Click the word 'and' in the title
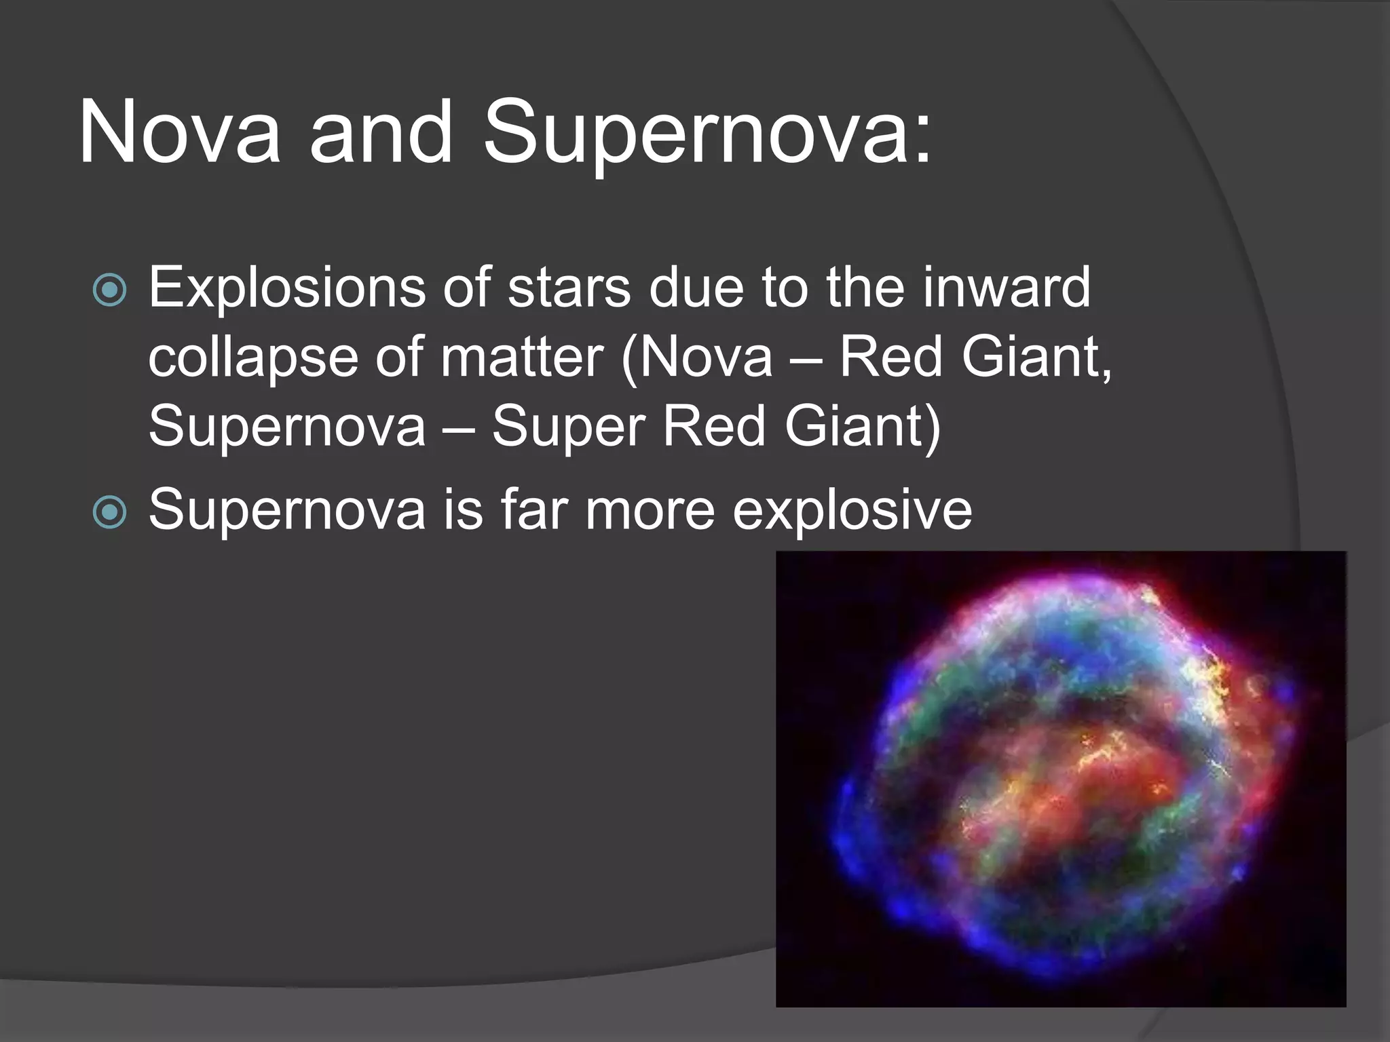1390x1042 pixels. pos(381,132)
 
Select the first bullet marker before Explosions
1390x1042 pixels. pos(109,290)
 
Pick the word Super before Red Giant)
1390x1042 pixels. pos(569,427)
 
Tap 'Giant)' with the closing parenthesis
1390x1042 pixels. pos(862,427)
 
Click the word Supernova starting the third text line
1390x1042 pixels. pos(287,427)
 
